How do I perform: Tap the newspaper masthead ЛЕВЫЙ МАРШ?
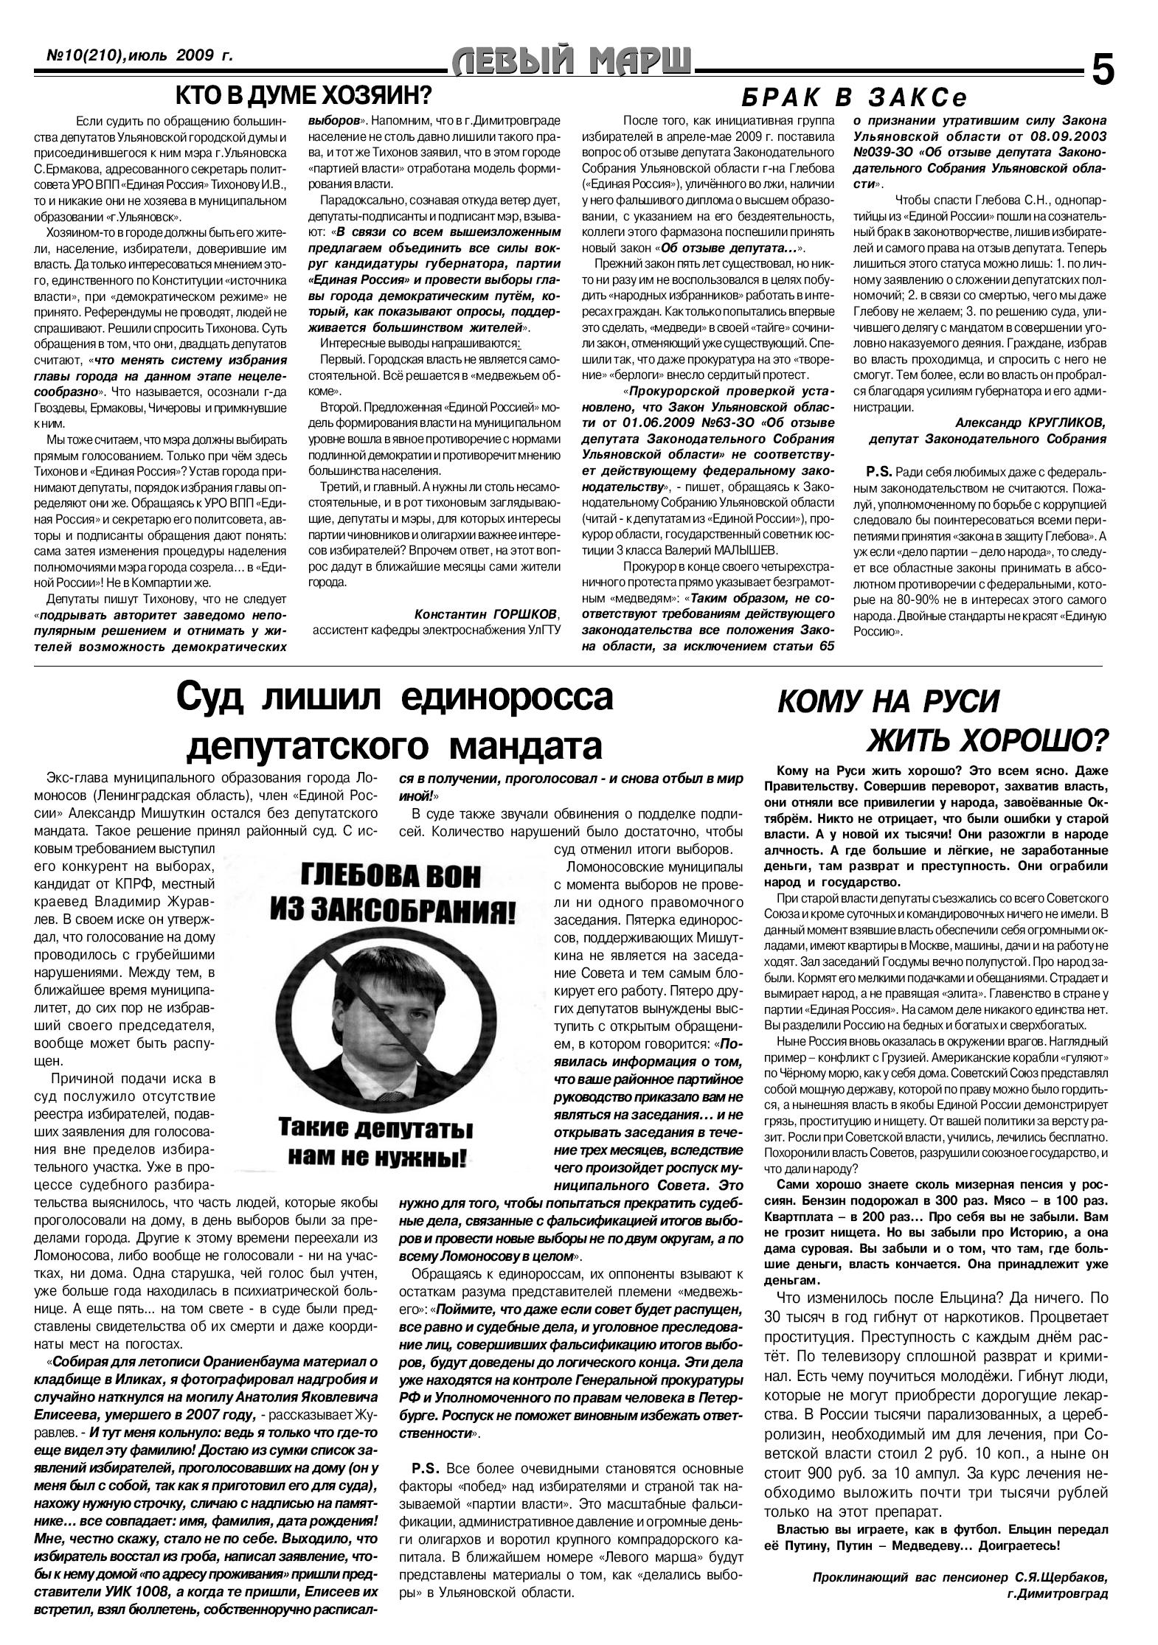point(571,63)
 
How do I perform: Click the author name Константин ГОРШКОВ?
point(487,614)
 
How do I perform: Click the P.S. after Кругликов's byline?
point(878,471)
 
